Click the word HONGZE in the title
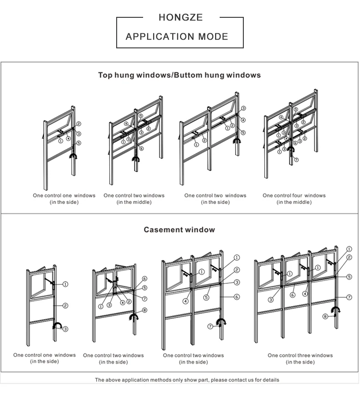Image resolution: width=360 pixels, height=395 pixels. [180, 18]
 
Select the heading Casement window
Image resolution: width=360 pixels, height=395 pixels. [179, 229]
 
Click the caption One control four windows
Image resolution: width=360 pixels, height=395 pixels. [294, 195]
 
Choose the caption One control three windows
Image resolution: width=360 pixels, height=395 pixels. [300, 355]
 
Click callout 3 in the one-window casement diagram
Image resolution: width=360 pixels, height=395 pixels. [66, 329]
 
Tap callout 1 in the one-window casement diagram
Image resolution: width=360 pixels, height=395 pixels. [65, 284]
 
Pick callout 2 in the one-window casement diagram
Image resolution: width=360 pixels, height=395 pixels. [65, 306]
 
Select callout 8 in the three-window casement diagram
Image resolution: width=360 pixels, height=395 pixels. [325, 316]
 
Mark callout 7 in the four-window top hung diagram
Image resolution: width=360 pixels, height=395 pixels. [296, 160]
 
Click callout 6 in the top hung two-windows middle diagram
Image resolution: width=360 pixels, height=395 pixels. [142, 148]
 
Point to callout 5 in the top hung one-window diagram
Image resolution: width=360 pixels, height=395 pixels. [79, 143]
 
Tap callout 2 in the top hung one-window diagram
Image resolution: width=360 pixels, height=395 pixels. [79, 124]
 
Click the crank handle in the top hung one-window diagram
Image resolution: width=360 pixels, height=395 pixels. [73, 156]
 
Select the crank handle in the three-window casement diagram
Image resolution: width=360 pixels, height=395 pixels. [335, 312]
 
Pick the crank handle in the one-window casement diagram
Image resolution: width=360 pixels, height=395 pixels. [57, 325]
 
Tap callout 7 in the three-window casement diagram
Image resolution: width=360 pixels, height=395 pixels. [349, 297]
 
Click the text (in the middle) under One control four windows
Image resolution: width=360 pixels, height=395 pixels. [294, 202]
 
